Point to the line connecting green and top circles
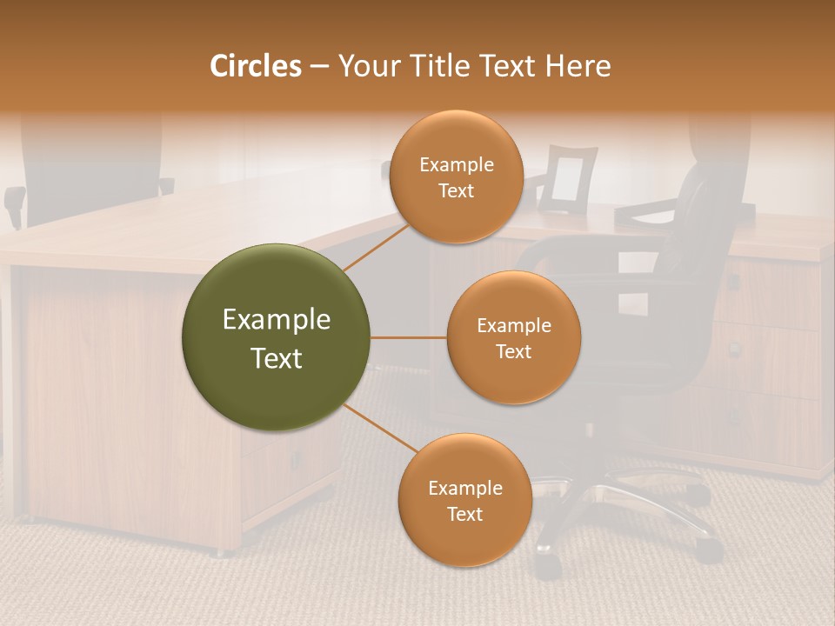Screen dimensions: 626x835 376,246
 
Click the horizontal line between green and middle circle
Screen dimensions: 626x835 408,337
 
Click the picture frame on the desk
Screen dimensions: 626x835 567,179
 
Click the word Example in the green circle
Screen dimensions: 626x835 277,320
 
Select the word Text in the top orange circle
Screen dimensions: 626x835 456,191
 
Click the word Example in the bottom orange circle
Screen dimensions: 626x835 464,488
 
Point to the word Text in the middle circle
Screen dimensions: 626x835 513,352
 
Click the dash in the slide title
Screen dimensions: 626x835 319,66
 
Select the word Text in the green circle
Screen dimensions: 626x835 277,358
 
